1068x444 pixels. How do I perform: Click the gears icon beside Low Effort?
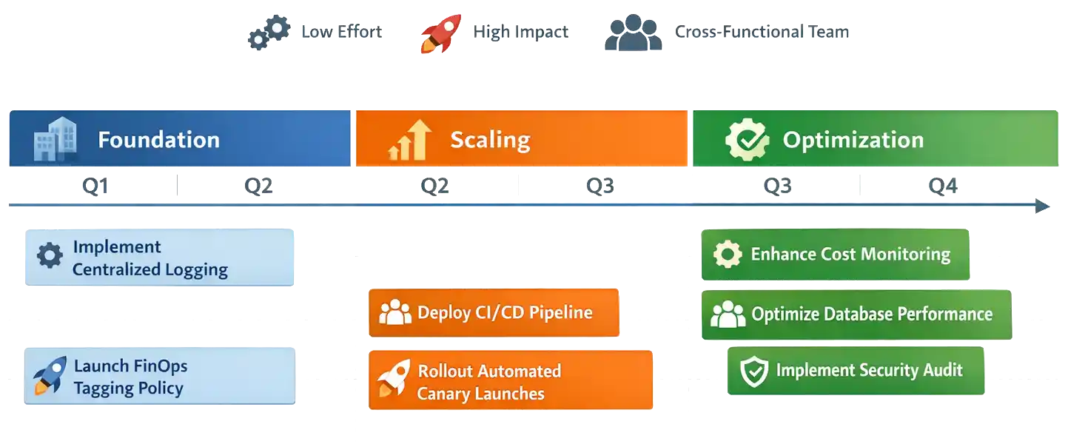click(267, 33)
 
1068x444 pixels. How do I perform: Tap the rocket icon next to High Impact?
click(441, 33)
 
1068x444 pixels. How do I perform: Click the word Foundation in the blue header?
click(158, 140)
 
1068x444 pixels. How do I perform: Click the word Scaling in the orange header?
click(490, 140)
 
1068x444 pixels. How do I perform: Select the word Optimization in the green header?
click(853, 140)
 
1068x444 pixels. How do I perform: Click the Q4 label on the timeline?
click(944, 186)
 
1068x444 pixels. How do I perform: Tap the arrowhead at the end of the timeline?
click(1044, 206)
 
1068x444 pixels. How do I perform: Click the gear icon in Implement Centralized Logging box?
click(50, 257)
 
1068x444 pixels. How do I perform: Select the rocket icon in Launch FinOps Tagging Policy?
click(50, 376)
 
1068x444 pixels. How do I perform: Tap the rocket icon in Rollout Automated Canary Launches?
click(394, 380)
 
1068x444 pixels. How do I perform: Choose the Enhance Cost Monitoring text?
click(850, 255)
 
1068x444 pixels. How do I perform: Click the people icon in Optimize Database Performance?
click(728, 314)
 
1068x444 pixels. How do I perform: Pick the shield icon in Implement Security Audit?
click(754, 371)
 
